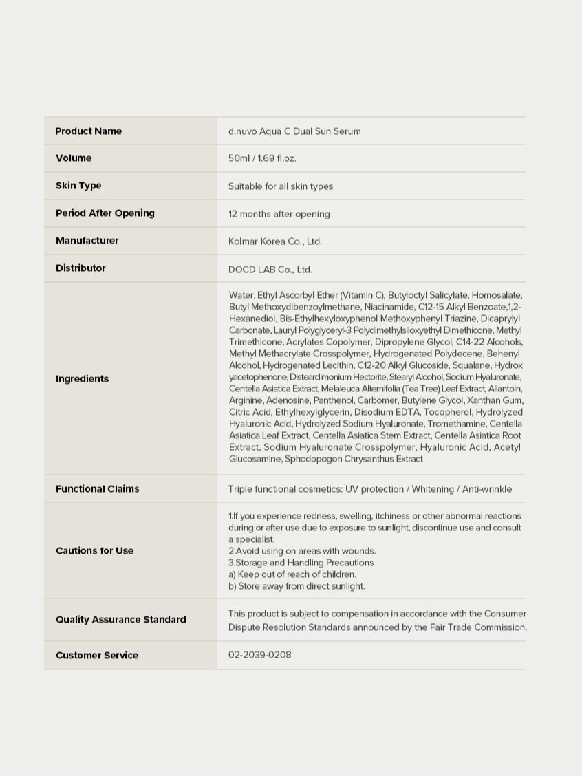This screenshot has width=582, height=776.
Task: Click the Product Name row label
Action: click(x=88, y=131)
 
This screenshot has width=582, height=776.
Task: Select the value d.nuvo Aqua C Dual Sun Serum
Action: click(x=294, y=131)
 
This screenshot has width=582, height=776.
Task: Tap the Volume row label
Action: click(x=74, y=158)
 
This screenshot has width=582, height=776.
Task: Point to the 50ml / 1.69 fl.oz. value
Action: click(x=262, y=158)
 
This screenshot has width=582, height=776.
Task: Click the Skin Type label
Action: click(x=78, y=186)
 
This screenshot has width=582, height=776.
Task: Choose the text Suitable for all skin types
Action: click(x=281, y=186)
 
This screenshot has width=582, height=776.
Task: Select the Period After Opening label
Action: click(x=105, y=213)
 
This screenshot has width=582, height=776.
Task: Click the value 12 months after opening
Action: click(x=279, y=214)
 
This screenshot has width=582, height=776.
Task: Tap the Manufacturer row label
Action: click(x=87, y=241)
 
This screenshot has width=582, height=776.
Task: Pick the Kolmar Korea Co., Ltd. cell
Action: click(x=275, y=241)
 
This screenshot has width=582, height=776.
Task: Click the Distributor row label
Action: click(x=80, y=268)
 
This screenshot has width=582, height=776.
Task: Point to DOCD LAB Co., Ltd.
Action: click(x=270, y=270)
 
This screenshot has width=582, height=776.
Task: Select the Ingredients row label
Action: click(x=82, y=378)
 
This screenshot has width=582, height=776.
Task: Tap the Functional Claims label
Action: click(x=97, y=488)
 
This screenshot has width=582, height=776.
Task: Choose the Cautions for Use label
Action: click(x=94, y=550)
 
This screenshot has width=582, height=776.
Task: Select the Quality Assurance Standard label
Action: click(x=120, y=619)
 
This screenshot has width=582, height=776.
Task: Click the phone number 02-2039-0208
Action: click(x=259, y=654)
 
